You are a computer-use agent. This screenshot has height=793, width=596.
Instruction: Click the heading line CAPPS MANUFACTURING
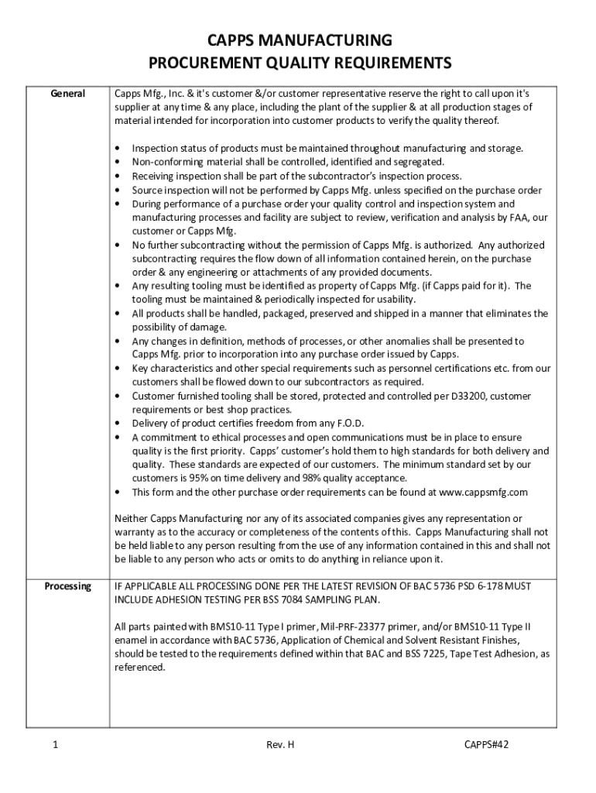point(298,41)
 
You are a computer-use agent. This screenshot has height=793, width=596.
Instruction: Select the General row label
point(68,93)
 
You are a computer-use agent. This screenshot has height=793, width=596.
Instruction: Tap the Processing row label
point(68,586)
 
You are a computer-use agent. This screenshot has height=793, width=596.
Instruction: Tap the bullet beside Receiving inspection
point(117,177)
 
